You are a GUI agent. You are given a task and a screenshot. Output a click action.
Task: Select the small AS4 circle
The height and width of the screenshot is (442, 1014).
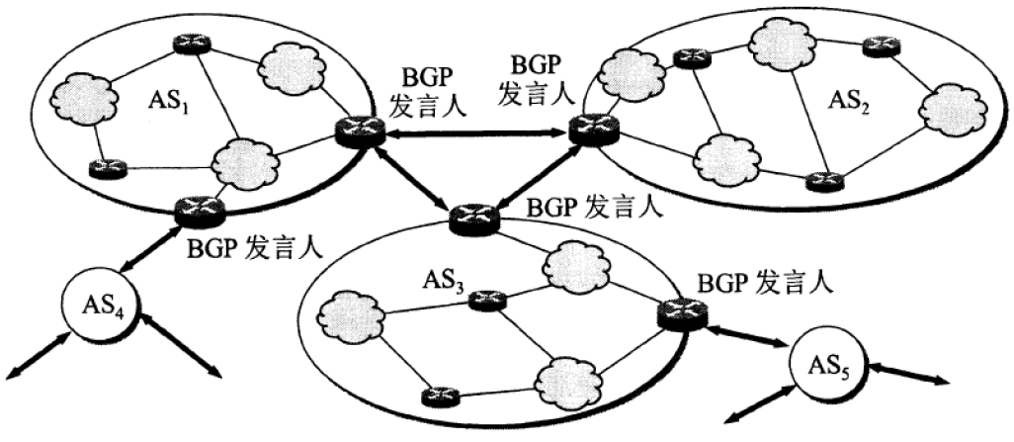click(100, 299)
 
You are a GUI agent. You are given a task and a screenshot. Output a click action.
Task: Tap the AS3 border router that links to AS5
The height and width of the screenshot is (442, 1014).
click(681, 313)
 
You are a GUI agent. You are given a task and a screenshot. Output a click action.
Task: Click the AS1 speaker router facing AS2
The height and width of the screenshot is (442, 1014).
click(354, 130)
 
